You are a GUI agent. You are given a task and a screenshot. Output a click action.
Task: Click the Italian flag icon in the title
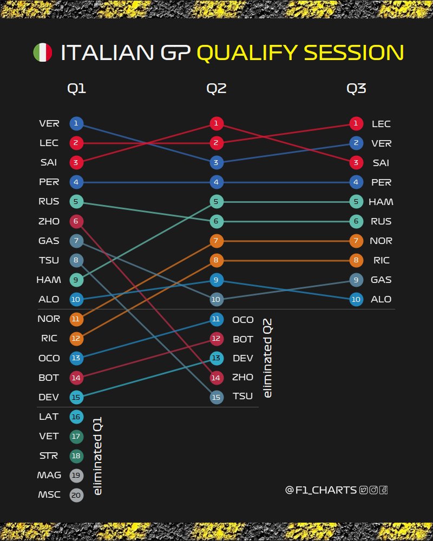pos(42,52)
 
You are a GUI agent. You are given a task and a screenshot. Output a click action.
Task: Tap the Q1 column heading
pos(76,89)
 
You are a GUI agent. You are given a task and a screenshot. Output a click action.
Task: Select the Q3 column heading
pos(356,89)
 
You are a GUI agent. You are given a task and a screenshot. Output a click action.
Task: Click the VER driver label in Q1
pos(49,124)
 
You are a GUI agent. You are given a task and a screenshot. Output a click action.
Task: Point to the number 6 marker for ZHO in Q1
pos(76,221)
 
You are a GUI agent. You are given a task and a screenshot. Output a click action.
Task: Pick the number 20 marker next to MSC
pos(76,494)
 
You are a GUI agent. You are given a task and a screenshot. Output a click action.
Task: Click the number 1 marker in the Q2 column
pos(216,124)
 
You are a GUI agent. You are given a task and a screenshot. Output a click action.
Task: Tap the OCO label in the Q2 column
pos(242,320)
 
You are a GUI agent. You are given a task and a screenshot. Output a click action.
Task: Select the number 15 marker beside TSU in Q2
pos(216,397)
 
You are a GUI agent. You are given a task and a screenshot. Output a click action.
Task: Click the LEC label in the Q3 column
pos(381,124)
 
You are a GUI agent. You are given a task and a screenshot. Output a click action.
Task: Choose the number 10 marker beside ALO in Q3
pos(356,299)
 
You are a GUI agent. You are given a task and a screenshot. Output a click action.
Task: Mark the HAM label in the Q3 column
pos(381,202)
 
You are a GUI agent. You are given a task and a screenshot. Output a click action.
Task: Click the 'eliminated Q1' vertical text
pos(98,456)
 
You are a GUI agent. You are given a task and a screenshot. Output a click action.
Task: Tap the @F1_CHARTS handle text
pos(321,490)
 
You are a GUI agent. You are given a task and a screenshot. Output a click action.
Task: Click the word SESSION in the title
pos(353,52)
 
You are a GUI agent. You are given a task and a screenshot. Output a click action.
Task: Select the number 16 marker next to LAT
pos(76,417)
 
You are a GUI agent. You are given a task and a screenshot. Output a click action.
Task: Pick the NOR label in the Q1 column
pos(49,319)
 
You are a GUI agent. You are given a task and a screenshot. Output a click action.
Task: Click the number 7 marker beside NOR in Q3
pos(356,241)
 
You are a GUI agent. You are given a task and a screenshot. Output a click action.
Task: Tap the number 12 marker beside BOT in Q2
pos(216,339)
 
